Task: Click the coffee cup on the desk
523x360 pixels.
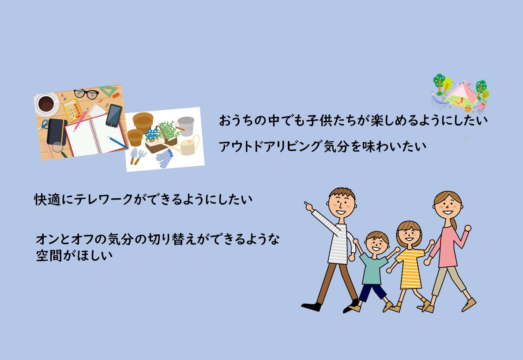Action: coord(46,103)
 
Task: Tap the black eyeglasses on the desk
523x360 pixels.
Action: coord(86,94)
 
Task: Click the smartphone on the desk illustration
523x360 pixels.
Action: coord(114,116)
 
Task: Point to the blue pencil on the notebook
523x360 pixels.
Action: coord(117,143)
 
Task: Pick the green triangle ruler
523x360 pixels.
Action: coord(108,90)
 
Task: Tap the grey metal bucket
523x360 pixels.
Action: coord(185,125)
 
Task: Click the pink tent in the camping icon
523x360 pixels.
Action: coord(463,91)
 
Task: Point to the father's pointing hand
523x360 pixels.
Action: coord(309,206)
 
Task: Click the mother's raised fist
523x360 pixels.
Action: coord(468,228)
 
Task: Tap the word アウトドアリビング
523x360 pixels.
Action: coord(270,146)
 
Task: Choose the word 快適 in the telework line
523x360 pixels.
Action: coord(48,199)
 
